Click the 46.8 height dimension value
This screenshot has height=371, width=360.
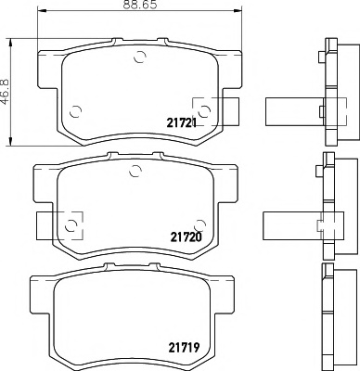tap(6, 92)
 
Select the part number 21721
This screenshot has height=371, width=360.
tap(182, 123)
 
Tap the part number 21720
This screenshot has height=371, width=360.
tap(186, 237)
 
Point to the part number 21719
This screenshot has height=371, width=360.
tap(184, 348)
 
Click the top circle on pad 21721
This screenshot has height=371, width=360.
tap(139, 57)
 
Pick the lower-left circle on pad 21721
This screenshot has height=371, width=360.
tap(75, 111)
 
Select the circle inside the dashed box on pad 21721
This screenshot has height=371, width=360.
tap(204, 111)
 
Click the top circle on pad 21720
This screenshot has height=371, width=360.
tap(135, 171)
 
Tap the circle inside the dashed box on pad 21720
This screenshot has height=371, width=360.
tap(71, 225)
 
